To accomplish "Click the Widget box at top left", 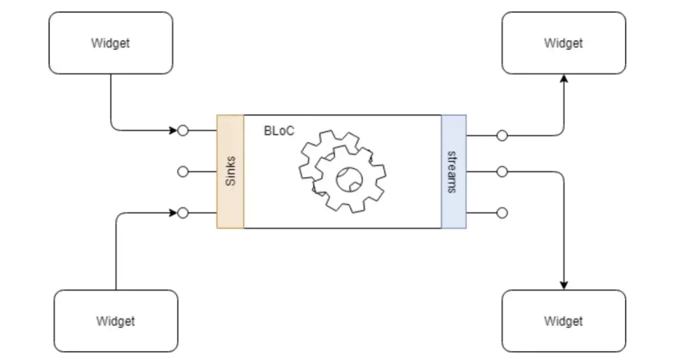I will pos(111,43).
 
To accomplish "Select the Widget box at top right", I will pos(564,43).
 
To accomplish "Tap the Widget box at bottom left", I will pos(116,321).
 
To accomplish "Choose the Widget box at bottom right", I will pos(564,321).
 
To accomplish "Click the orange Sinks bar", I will pos(230,171).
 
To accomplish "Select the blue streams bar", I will pos(453,171).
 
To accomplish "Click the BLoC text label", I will pos(279,131).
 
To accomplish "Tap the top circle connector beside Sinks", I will pos(183,131).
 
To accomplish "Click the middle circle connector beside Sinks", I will pos(183,172).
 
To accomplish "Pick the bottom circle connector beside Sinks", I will pos(183,213).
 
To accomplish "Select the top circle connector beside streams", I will pos(502,135).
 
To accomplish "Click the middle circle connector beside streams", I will pos(502,172).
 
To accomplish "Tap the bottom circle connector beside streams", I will pos(502,213).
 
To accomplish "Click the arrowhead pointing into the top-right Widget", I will pos(564,79).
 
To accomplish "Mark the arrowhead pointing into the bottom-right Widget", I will pos(564,285).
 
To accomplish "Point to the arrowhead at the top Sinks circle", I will pos(174,131).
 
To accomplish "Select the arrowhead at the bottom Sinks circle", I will pos(174,213).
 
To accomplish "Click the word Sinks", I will pos(231,171).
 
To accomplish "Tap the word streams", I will pos(452,171).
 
